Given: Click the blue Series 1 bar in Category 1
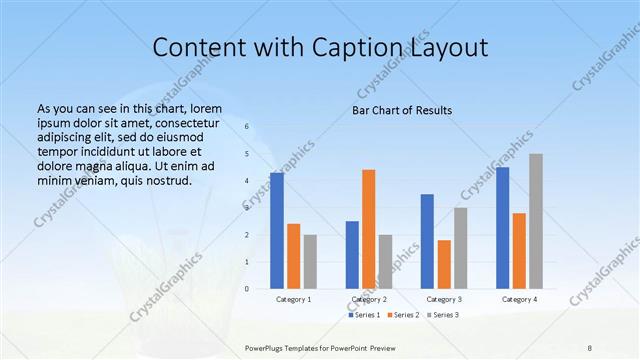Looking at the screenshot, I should click(277, 231).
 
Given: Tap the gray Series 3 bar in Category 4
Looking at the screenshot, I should click(536, 221).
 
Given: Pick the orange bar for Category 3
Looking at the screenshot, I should click(444, 264).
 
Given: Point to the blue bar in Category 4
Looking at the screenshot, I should click(502, 228).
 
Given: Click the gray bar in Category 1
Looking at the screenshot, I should click(310, 262).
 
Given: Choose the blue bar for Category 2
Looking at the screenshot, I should click(352, 255).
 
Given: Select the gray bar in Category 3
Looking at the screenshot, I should click(461, 248).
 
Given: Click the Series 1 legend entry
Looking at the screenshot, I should click(364, 315).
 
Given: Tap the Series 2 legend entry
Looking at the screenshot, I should click(403, 315).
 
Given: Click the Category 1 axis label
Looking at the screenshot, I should click(293, 299).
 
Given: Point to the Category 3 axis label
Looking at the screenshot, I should click(444, 299).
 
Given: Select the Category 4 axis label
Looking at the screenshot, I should click(519, 299).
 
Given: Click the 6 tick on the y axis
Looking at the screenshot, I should click(246, 127).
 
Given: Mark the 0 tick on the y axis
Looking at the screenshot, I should click(246, 289).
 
